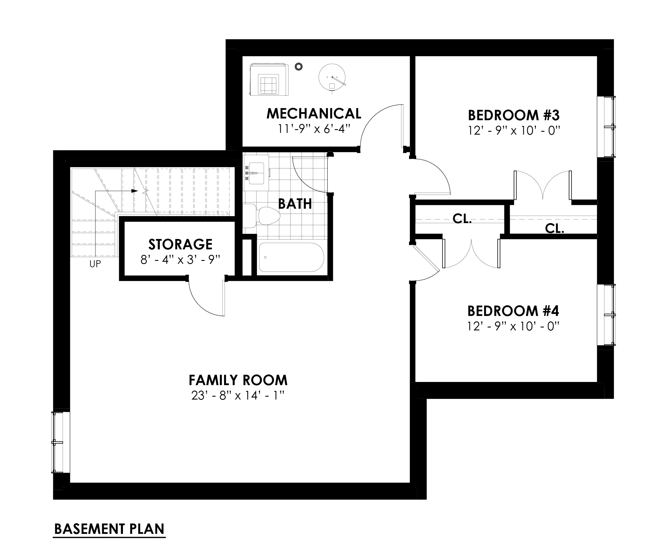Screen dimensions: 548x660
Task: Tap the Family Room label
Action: click(238, 380)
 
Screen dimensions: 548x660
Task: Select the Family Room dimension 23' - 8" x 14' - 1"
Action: click(238, 396)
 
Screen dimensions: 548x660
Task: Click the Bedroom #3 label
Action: click(513, 115)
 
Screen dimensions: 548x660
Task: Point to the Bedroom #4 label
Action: click(513, 311)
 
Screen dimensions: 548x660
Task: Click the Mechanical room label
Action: click(314, 114)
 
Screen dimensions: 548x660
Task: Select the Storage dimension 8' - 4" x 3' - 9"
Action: click(180, 259)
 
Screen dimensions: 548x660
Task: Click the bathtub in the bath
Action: click(291, 257)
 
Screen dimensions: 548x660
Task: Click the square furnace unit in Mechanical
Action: click(269, 80)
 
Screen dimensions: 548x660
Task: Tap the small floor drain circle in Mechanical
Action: click(299, 66)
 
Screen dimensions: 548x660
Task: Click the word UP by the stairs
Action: click(95, 264)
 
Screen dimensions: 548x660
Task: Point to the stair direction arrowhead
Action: click(134, 191)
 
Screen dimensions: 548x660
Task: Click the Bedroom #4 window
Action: click(606, 315)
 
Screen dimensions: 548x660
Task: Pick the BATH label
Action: click(295, 204)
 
